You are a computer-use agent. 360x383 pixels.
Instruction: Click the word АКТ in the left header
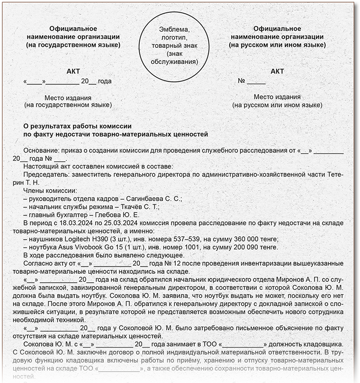[x=73, y=71]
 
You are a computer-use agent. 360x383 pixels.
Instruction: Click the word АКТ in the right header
[x=277, y=71]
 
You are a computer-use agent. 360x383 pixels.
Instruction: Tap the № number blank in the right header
[x=256, y=81]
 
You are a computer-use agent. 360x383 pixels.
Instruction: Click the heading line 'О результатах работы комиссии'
[x=77, y=126]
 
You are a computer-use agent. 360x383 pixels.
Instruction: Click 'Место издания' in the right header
[x=277, y=97]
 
